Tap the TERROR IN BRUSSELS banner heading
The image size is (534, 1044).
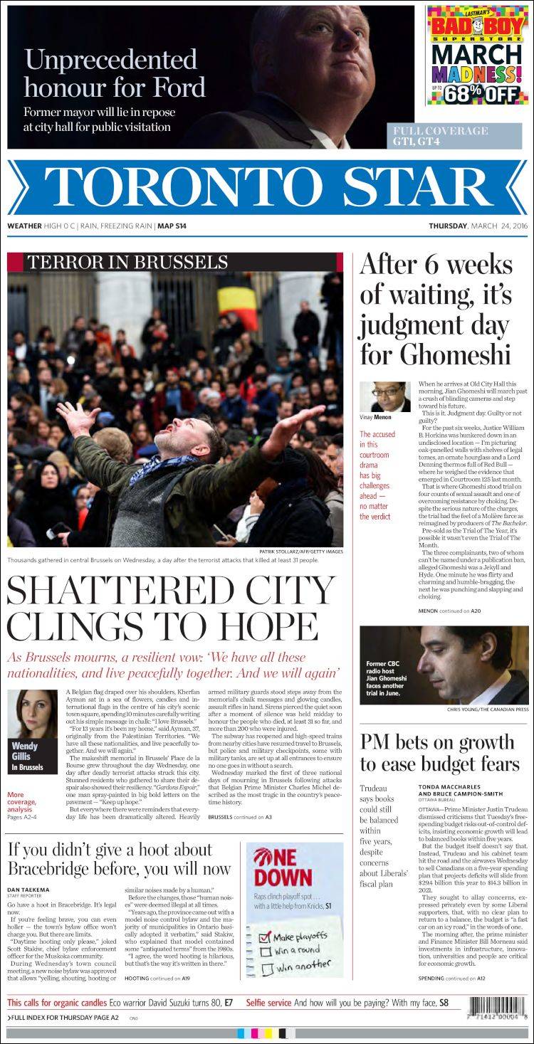pos(127,262)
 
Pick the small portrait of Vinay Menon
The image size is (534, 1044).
pos(384,397)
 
